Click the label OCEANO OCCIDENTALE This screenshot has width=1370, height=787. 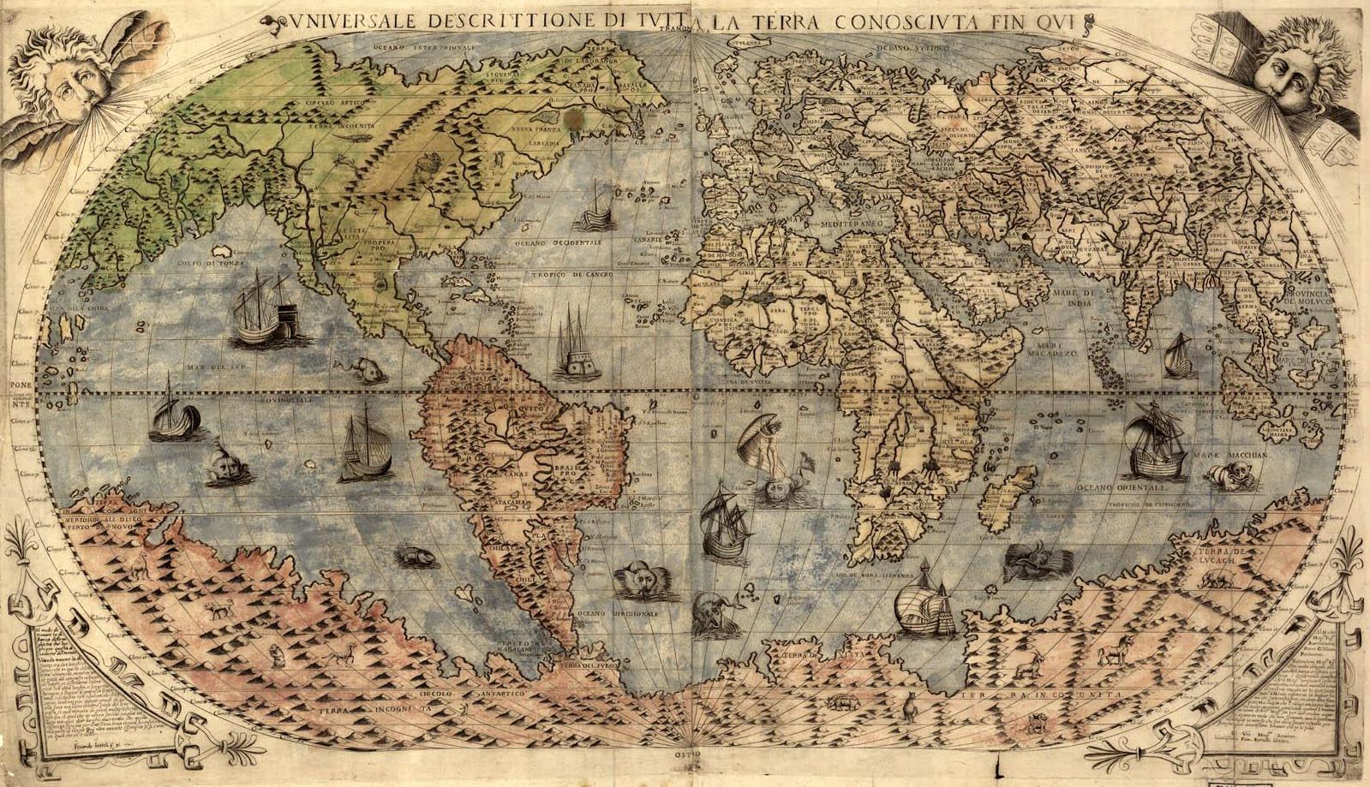[559, 242]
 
